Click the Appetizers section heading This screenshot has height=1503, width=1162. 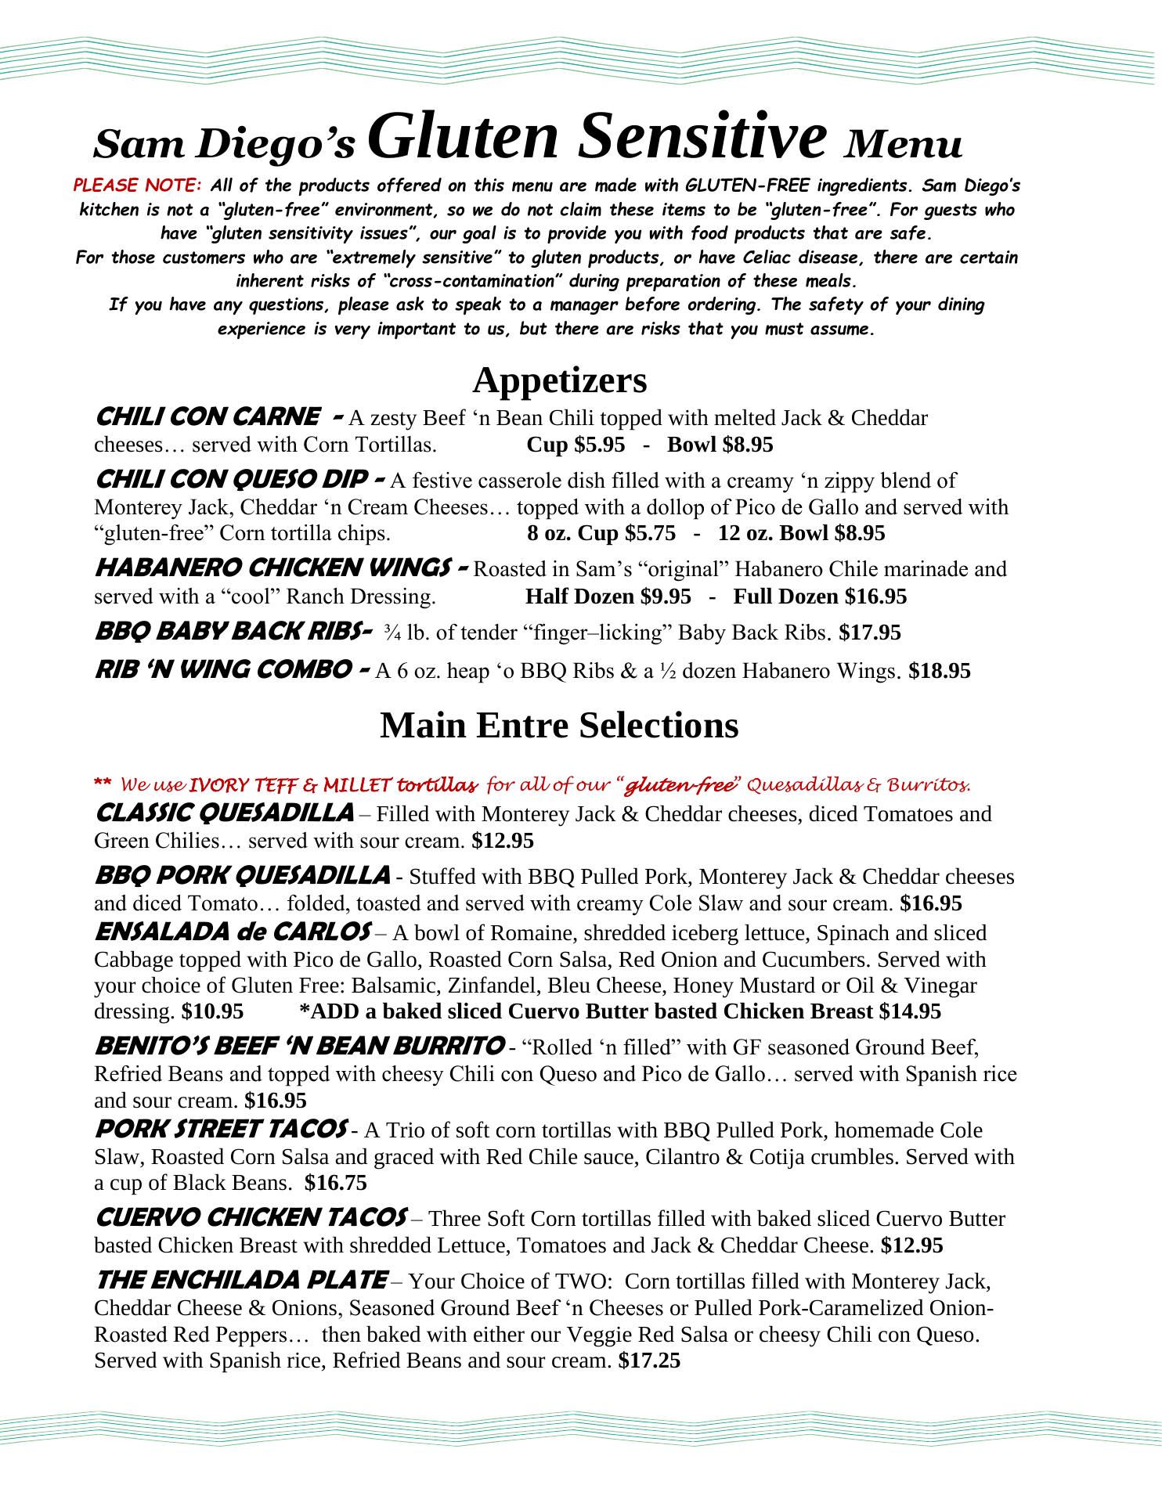pos(559,380)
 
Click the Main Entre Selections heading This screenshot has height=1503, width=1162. pos(559,726)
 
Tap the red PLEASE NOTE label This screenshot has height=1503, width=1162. pos(138,186)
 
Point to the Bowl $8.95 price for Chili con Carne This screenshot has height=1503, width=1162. pos(720,445)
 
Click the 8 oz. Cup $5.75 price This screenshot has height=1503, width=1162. pos(601,533)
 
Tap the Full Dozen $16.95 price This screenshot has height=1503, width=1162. pos(820,597)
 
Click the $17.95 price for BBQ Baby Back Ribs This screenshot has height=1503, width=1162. pos(869,633)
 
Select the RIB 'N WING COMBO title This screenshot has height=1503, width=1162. pos(222,669)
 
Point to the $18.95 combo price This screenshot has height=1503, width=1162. pos(940,671)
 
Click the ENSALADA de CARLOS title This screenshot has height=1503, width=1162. pos(231,932)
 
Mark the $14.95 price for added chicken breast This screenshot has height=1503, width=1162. pos(910,1011)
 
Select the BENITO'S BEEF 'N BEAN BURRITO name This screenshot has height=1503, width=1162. pos(298,1046)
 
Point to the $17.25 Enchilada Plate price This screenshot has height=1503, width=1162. pos(649,1361)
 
